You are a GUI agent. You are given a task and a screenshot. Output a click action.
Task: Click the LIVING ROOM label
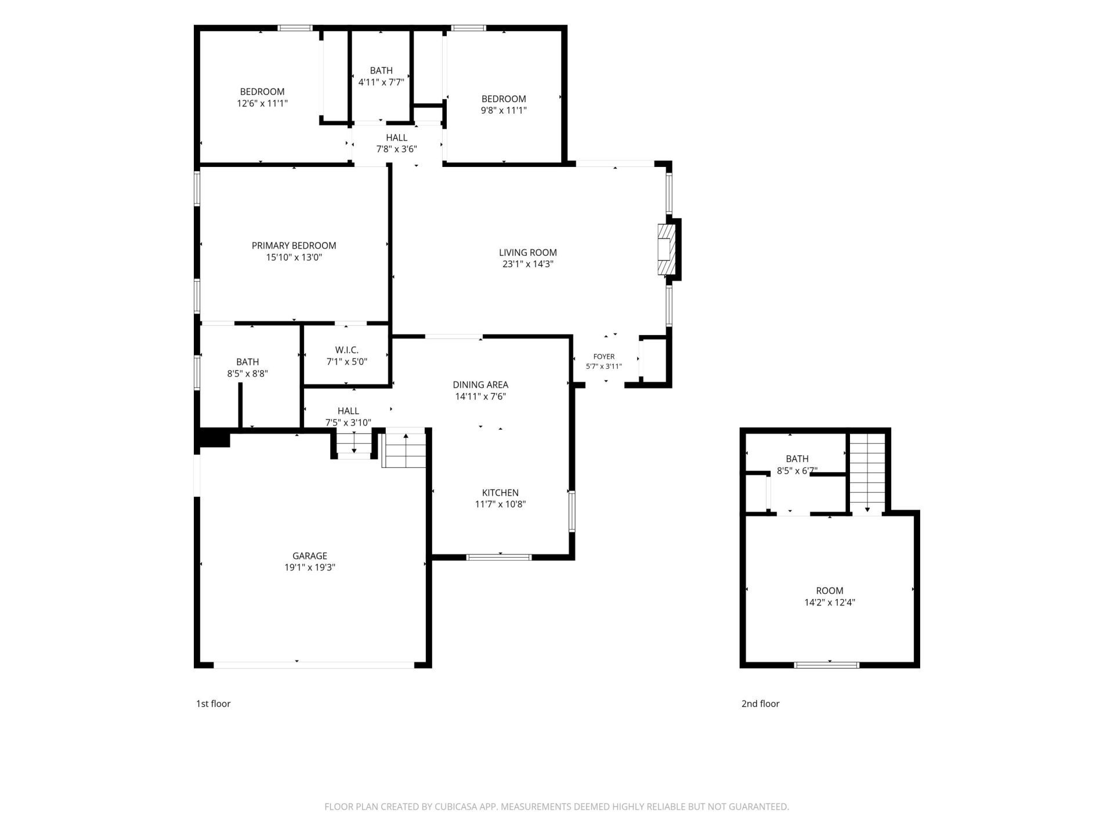[527, 252]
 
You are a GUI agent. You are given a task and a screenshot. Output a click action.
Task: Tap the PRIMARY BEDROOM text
[294, 245]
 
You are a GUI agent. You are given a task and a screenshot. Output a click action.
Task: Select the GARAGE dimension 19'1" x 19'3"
[309, 567]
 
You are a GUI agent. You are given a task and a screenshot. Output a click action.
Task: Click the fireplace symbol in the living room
[667, 249]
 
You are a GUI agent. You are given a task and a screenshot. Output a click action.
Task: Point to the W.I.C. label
[346, 350]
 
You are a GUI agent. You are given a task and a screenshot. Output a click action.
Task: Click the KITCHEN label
[500, 492]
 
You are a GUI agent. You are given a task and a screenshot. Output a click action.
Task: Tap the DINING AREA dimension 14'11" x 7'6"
[480, 397]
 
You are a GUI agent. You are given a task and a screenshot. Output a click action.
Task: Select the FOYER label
[604, 357]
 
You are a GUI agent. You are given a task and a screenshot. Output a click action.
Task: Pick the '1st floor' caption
[213, 703]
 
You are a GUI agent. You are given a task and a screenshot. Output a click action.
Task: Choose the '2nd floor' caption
[760, 703]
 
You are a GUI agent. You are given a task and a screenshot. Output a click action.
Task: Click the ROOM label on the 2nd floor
[829, 590]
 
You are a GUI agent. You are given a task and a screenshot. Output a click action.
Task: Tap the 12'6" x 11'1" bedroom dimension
[262, 103]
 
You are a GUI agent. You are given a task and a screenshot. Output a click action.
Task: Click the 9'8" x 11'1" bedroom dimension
[504, 110]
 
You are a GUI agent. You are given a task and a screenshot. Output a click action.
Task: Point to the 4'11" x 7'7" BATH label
[381, 77]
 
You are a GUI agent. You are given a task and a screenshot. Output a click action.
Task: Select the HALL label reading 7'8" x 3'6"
[396, 143]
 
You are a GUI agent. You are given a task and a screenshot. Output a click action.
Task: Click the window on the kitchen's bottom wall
[499, 557]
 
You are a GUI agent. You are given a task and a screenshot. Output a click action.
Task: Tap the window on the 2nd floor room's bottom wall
[827, 665]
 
